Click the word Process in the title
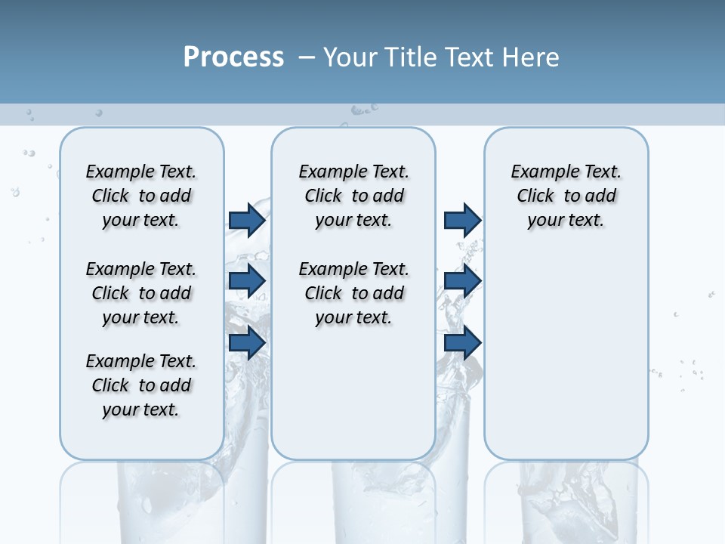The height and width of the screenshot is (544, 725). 233,57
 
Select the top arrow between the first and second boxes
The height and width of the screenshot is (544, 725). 247,220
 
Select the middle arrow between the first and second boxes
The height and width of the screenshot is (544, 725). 247,281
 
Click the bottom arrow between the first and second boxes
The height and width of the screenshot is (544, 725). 247,342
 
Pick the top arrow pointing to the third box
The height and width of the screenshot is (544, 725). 462,220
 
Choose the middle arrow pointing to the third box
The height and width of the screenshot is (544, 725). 462,281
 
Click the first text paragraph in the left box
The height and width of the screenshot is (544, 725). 141,196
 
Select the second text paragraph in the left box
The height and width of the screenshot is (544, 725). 141,293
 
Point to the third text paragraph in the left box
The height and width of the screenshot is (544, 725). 141,385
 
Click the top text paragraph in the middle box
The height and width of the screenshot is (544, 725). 353,196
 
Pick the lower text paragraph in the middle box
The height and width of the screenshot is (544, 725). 353,293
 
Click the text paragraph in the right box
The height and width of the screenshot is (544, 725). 566,196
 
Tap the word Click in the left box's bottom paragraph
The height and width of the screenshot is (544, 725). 110,385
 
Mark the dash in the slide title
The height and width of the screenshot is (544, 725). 307,57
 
